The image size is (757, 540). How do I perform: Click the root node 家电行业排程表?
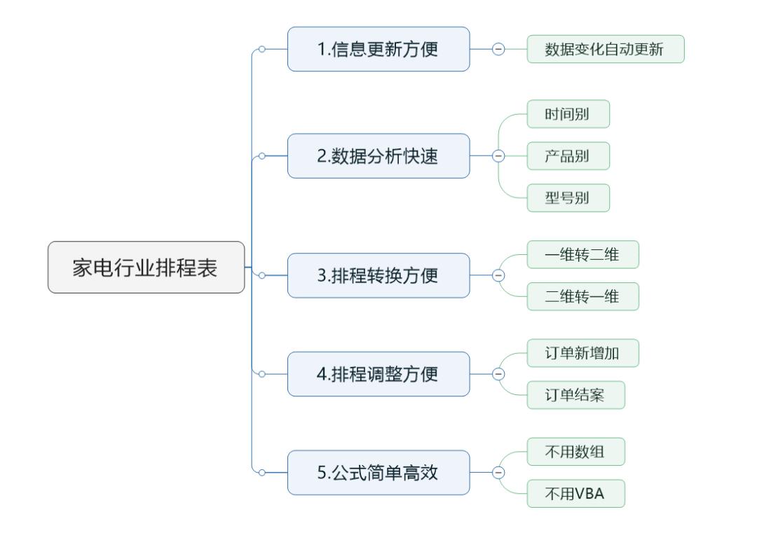[146, 267]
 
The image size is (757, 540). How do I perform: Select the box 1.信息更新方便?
[378, 49]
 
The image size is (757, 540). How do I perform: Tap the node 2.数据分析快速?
[378, 155]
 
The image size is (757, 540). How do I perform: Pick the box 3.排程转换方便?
[378, 275]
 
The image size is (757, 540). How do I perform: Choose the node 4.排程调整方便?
[378, 374]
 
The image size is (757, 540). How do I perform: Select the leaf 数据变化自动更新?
[605, 49]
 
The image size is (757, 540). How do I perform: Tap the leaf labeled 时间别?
[568, 115]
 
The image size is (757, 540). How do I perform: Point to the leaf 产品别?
[568, 155]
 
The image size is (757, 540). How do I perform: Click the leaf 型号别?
[568, 197]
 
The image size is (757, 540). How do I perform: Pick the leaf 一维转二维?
[582, 255]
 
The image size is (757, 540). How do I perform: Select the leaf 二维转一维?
[582, 296]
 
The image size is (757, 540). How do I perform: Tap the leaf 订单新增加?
[582, 354]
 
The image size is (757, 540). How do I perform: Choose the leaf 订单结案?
[575, 395]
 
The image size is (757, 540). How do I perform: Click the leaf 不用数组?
[575, 452]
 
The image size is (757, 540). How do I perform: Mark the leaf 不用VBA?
[575, 494]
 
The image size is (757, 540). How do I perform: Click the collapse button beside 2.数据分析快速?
[499, 155]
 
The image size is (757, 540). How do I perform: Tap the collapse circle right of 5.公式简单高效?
[499, 473]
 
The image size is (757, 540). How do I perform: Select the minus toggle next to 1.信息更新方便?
[499, 49]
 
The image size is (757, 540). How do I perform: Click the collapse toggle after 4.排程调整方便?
[499, 374]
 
